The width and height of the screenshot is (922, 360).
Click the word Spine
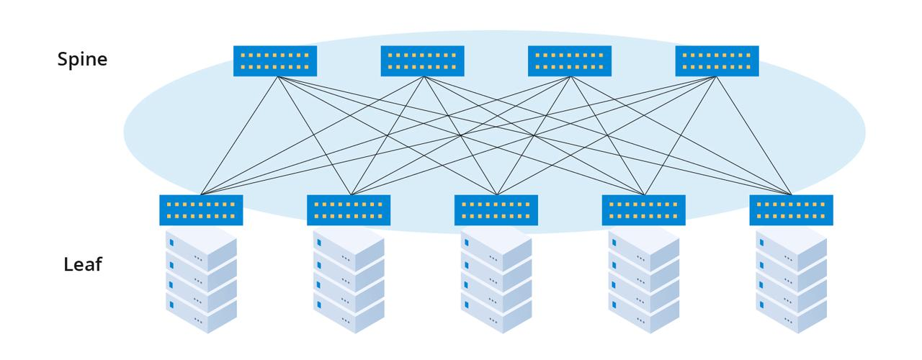[x=82, y=59]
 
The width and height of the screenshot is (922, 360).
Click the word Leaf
[x=83, y=264]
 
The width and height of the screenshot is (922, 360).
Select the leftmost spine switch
[x=275, y=61]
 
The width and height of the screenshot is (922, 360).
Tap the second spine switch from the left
[x=422, y=61]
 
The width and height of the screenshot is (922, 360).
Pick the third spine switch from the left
[x=570, y=61]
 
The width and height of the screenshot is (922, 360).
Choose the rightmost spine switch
[x=717, y=61]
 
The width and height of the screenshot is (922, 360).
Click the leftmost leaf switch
[x=201, y=210]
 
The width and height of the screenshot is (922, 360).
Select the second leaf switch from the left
[x=349, y=210]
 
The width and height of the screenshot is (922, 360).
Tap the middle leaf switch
[x=496, y=210]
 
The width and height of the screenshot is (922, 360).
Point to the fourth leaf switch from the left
[x=643, y=210]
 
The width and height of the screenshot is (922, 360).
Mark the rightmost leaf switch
[x=791, y=210]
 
